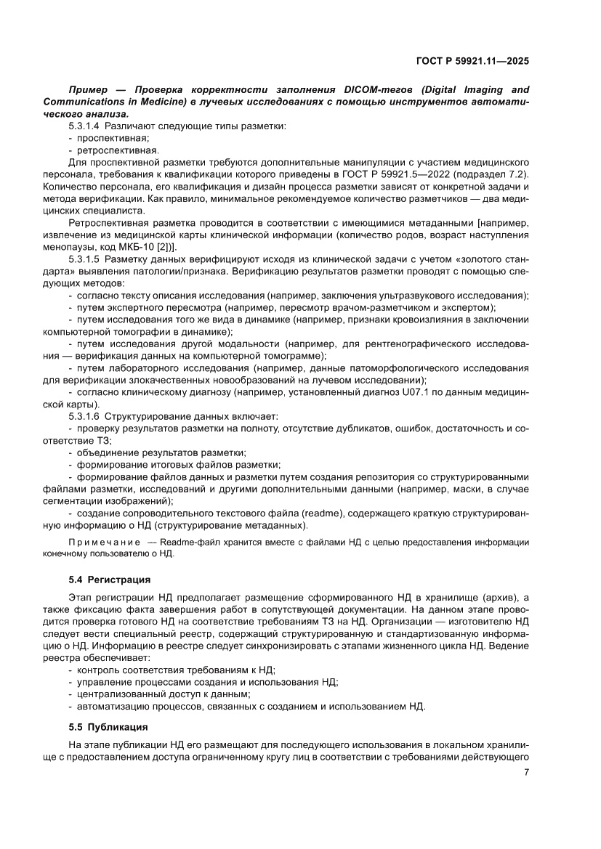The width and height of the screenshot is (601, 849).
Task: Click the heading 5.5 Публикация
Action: click(x=108, y=727)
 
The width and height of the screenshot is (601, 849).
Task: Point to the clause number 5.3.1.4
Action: click(x=83, y=126)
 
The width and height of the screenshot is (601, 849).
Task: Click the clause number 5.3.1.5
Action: click(x=83, y=259)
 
